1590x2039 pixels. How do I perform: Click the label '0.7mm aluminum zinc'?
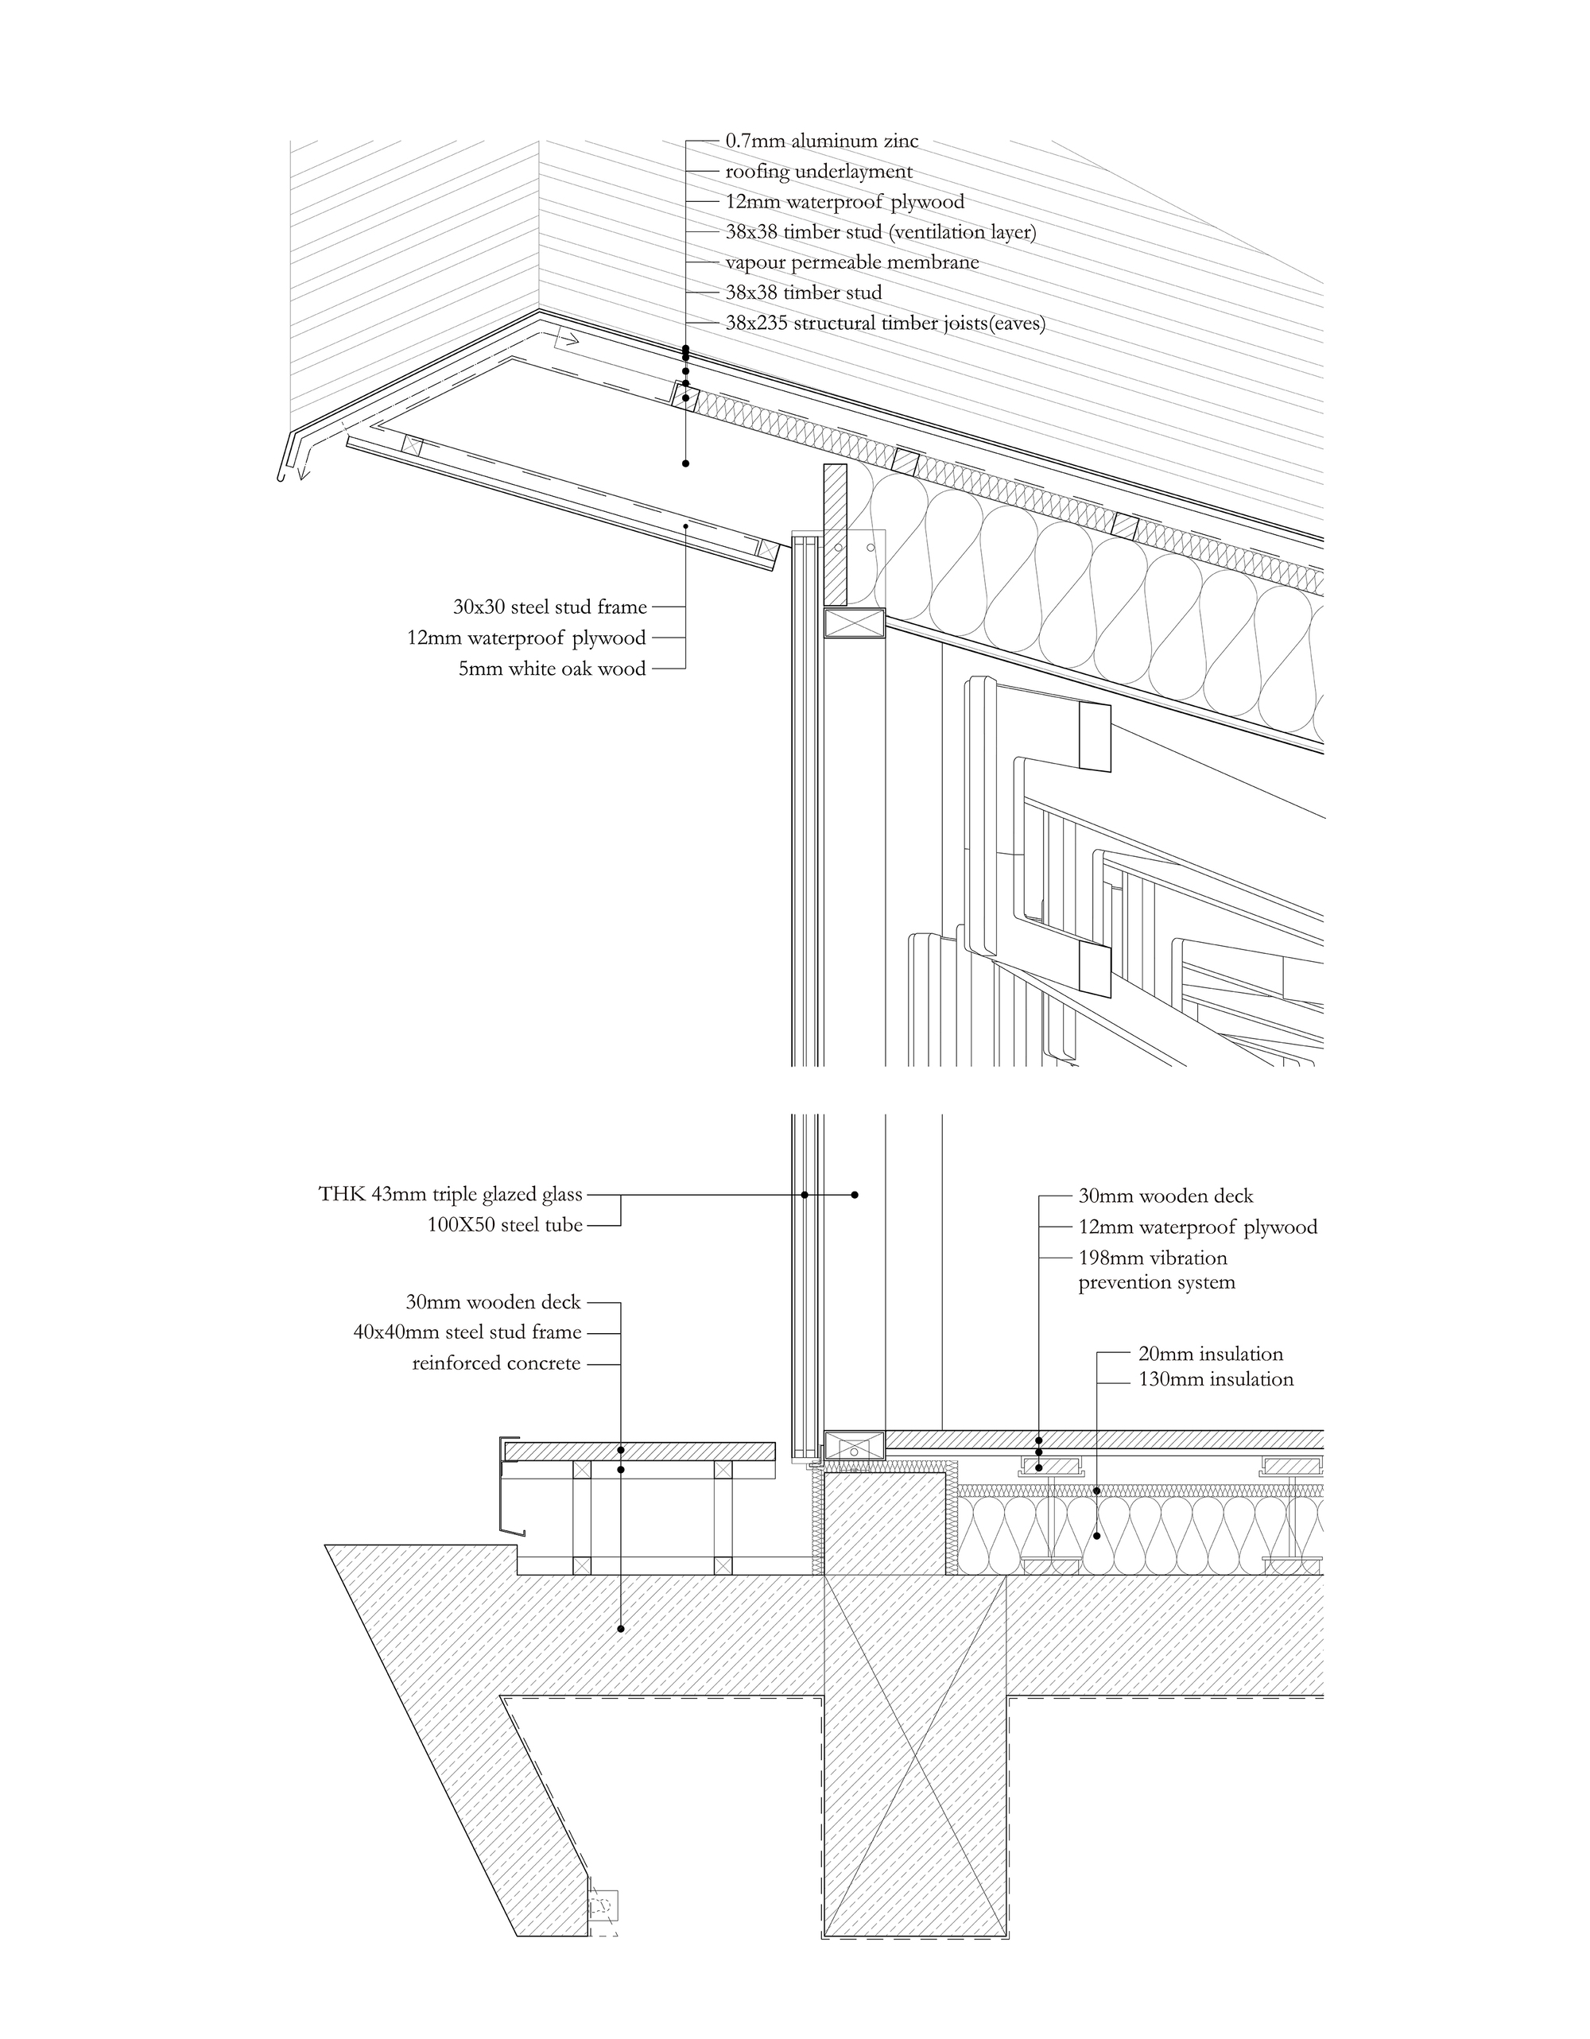tap(821, 141)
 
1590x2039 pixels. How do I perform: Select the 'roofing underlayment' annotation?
tap(819, 172)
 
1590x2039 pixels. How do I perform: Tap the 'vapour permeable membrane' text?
tap(851, 262)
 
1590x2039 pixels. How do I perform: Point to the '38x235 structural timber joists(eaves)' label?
tap(885, 324)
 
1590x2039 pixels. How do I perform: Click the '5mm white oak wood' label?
tap(552, 669)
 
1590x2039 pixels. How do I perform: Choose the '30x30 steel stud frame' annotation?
tap(550, 607)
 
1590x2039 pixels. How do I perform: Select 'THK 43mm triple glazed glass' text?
tap(450, 1194)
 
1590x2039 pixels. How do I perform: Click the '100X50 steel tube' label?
tap(504, 1225)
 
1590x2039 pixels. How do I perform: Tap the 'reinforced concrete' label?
tap(496, 1363)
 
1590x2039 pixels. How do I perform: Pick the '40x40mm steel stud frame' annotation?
tap(467, 1332)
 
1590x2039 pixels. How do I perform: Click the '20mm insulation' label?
tap(1210, 1354)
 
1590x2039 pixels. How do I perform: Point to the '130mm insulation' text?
tap(1216, 1379)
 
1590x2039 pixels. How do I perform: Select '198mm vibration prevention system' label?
tap(1156, 1270)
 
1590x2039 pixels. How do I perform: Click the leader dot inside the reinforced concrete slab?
tap(621, 1629)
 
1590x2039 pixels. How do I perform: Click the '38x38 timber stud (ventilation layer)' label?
tap(880, 232)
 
